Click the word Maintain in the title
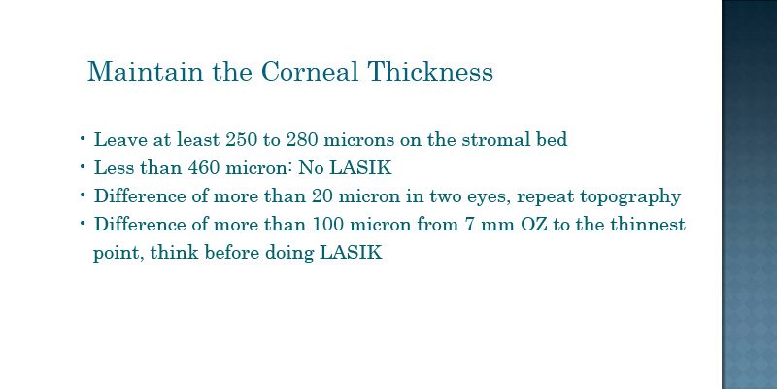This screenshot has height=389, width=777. click(145, 71)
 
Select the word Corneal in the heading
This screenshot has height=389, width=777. click(310, 71)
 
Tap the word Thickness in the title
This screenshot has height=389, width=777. click(430, 71)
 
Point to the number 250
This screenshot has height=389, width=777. click(241, 140)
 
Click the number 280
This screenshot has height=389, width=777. click(302, 140)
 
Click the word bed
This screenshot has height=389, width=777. click(552, 140)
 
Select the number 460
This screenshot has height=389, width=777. click(203, 168)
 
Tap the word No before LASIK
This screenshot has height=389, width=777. click(311, 168)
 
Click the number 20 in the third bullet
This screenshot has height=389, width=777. click(322, 196)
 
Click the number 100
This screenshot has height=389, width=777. click(328, 225)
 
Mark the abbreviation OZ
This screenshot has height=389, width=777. click(533, 225)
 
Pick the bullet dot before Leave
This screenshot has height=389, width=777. click(83, 138)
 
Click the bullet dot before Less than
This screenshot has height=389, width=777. click(83, 166)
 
